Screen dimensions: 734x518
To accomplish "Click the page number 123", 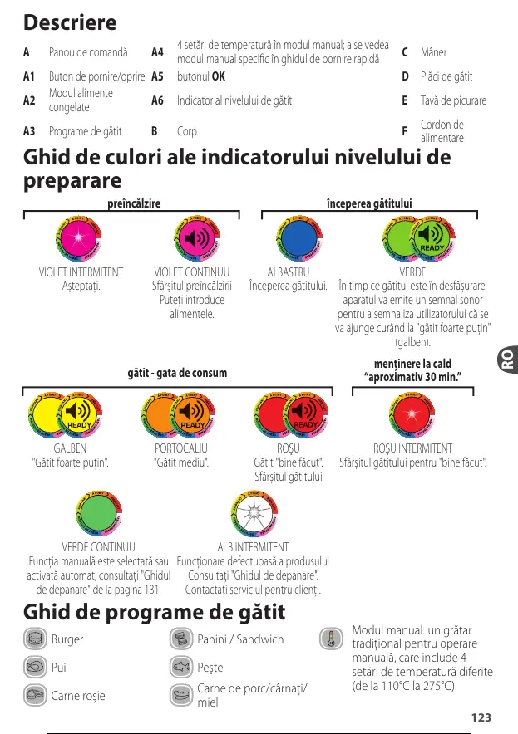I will coord(480,717).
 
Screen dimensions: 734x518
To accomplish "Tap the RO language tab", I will coord(506,359).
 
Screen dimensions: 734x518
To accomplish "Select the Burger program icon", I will coord(34,639).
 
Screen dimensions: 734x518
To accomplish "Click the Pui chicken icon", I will coord(34,667).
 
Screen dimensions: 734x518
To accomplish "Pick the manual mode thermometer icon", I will coord(332,639).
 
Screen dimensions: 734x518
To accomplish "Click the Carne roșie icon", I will coord(34,694).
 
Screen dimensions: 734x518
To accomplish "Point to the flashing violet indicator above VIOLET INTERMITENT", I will coord(81,240).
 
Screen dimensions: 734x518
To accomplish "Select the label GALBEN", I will coord(70,448).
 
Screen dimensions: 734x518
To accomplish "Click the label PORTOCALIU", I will coord(181,448).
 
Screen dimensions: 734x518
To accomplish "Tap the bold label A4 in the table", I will coord(157,53).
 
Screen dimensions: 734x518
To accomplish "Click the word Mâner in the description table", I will coord(433,53).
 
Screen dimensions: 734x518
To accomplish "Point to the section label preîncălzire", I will coord(134,203).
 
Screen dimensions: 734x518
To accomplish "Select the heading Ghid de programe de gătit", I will coord(155,613).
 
